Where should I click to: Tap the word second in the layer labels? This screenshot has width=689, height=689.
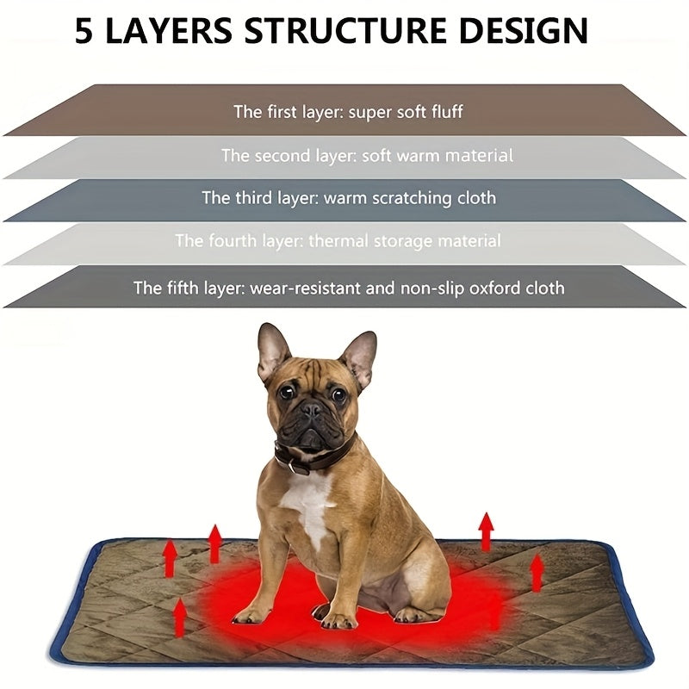pyautogui.click(x=284, y=156)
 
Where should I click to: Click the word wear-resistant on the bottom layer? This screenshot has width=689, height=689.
pyautogui.click(x=306, y=288)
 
